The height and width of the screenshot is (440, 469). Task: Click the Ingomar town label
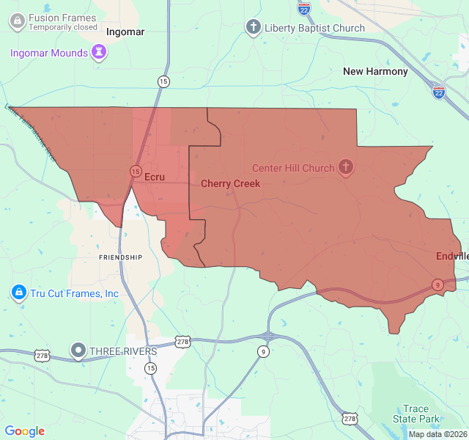(125, 32)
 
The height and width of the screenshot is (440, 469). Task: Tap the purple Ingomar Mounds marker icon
(98, 52)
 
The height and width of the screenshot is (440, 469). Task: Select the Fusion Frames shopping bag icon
(16, 22)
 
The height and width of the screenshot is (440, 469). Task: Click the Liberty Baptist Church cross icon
(253, 28)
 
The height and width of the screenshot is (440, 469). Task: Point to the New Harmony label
(375, 71)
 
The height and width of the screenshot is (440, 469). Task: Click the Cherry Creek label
(230, 183)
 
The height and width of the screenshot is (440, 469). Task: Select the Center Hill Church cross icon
(346, 168)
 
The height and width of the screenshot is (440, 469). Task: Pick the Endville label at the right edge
(451, 256)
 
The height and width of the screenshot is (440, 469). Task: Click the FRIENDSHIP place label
(120, 257)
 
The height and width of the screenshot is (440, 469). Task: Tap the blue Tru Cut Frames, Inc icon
(18, 293)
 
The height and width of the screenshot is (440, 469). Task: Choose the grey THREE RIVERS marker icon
(78, 351)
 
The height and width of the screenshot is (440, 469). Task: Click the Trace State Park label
(416, 414)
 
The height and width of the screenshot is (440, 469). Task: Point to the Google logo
(25, 431)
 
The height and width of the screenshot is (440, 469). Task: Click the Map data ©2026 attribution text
(437, 434)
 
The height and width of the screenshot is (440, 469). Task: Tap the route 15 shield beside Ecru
(136, 171)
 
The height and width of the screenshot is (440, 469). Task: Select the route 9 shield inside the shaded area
(437, 285)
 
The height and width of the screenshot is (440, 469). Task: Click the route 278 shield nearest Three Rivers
(43, 355)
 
